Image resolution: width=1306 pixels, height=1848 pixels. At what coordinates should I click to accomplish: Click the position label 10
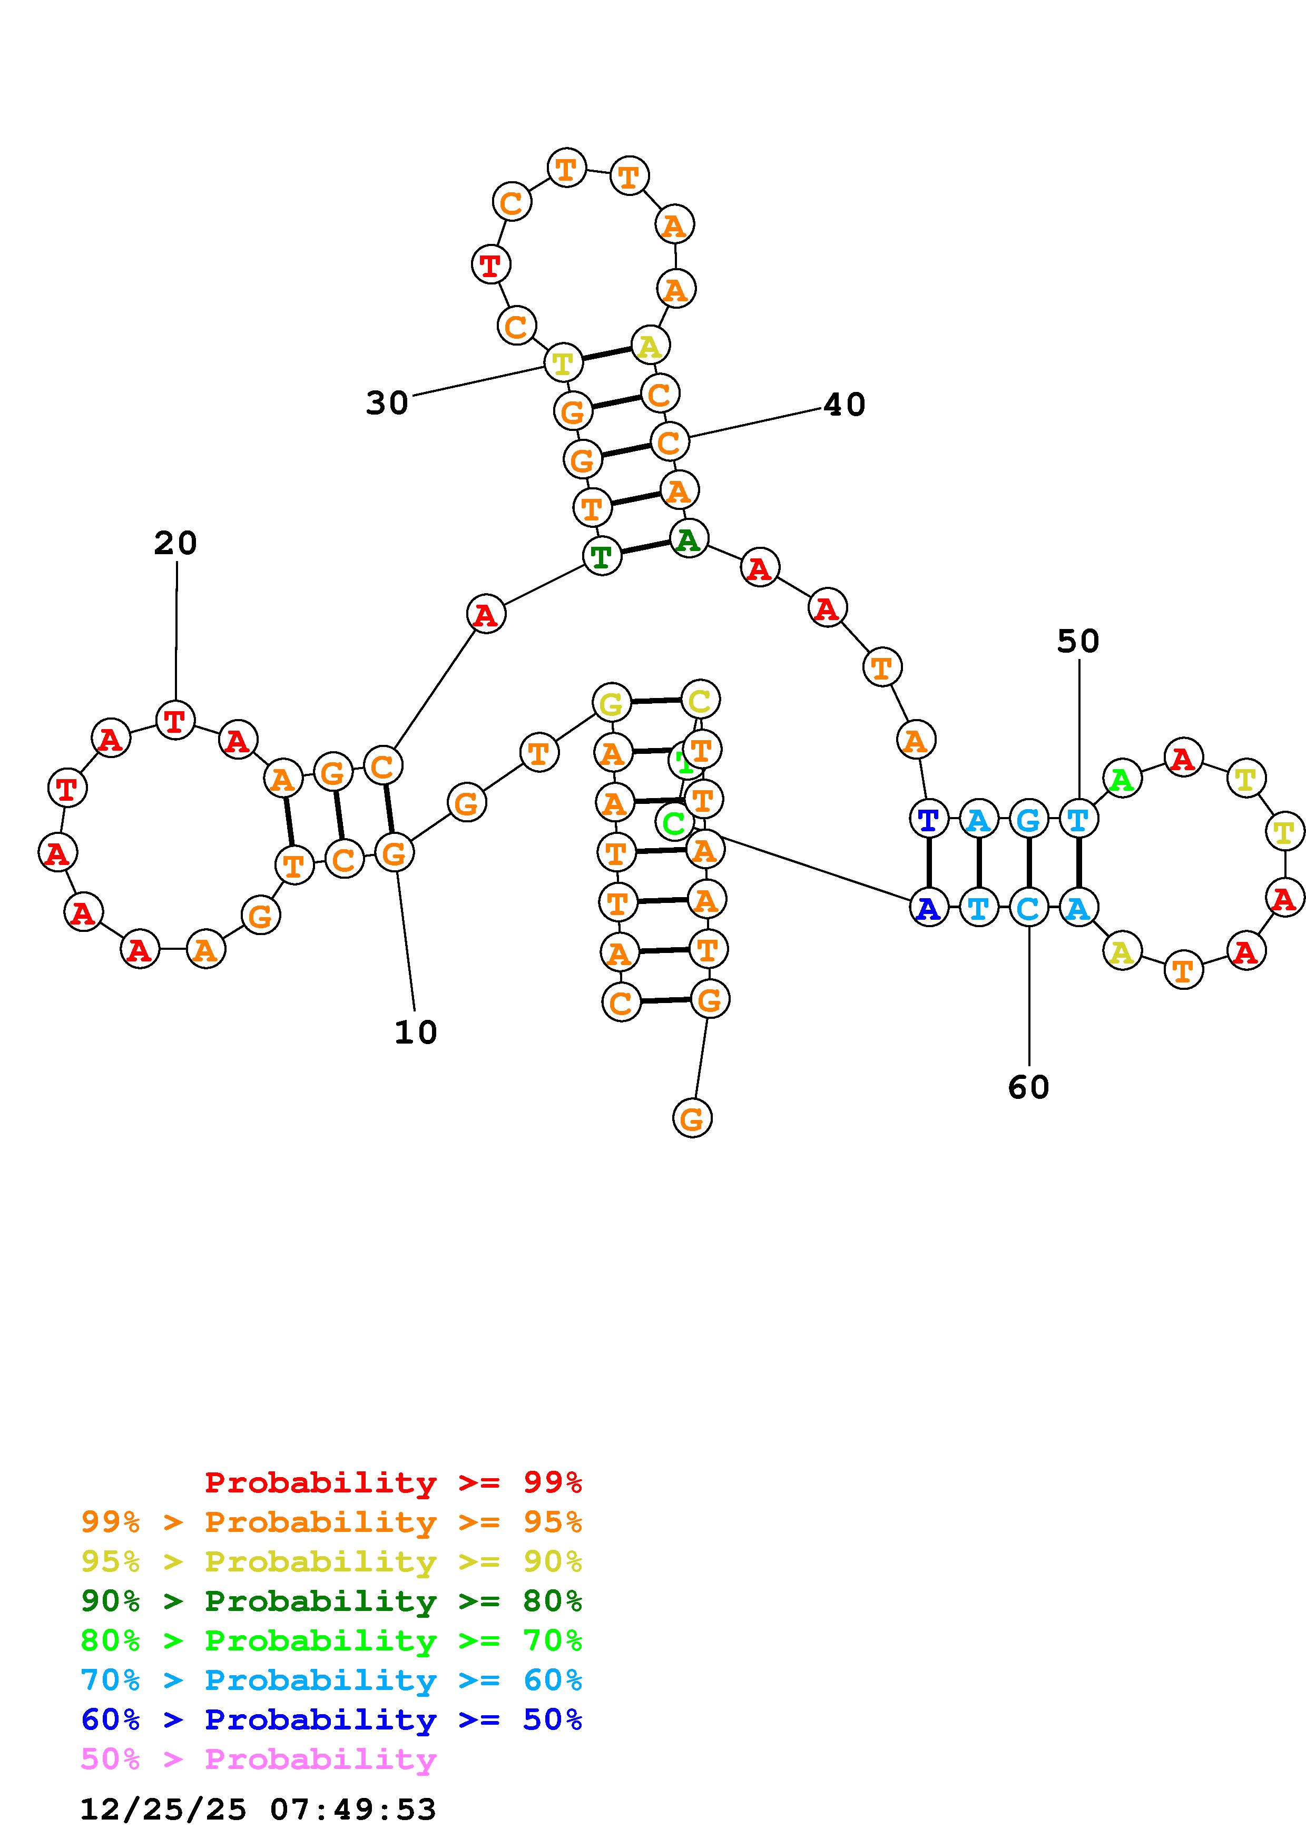415,1033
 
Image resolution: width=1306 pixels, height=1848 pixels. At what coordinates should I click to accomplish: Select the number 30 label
387,403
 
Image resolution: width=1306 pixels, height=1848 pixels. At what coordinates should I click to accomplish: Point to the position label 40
844,405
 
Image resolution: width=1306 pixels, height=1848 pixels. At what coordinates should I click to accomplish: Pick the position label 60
1028,1088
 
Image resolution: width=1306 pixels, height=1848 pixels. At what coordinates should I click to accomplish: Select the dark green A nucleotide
688,539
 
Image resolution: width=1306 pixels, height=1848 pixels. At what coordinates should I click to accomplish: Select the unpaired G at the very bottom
691,1118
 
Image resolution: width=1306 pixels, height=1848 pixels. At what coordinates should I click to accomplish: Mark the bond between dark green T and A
644,547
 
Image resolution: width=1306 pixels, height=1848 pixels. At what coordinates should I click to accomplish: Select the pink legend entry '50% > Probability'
258,1759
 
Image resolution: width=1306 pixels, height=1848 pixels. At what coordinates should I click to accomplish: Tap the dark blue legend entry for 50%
331,1720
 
